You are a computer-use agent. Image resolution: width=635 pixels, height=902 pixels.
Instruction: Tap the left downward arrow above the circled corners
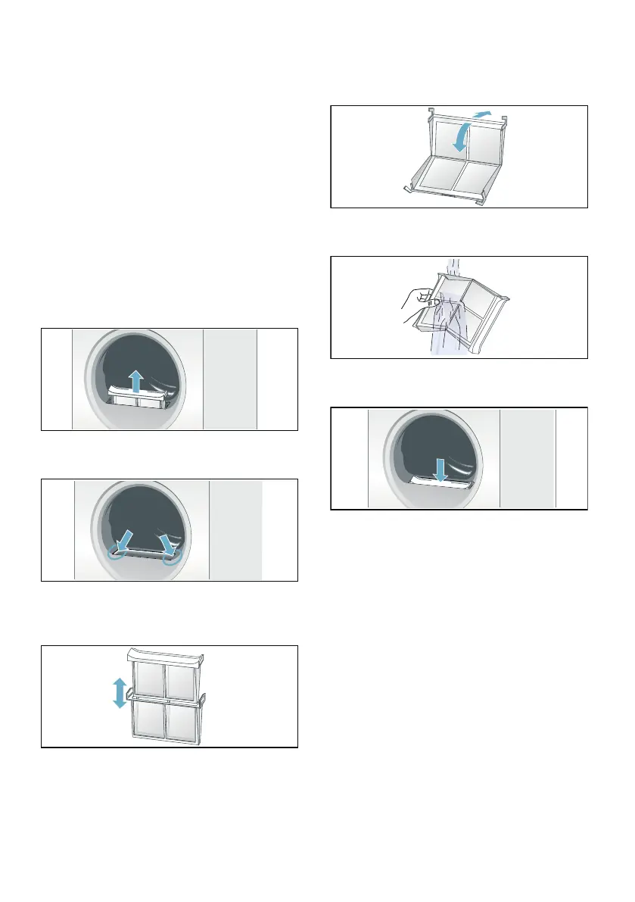(x=125, y=538)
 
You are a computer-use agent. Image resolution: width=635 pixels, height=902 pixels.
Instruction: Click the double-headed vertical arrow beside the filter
(x=119, y=693)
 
